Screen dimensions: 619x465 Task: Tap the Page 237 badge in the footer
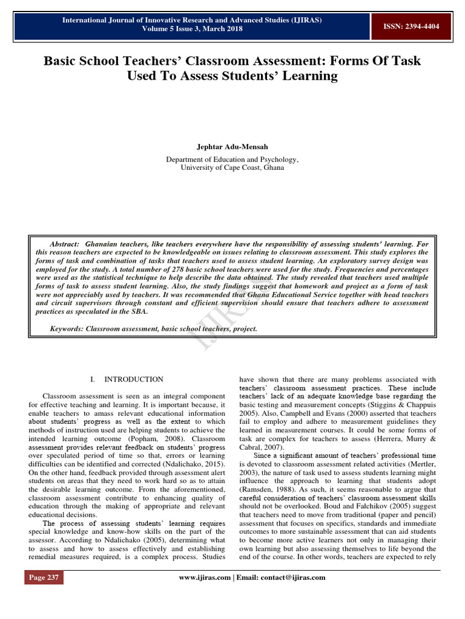point(44,577)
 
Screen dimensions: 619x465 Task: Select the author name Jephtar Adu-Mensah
point(232,146)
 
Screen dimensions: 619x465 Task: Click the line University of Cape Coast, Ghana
point(232,167)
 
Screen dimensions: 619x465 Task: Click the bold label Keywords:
point(67,329)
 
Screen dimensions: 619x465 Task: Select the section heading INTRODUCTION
point(134,379)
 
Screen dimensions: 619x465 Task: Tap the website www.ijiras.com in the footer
point(205,577)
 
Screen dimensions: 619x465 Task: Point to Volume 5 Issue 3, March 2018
point(193,28)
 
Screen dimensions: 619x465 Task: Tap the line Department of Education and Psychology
point(232,159)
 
